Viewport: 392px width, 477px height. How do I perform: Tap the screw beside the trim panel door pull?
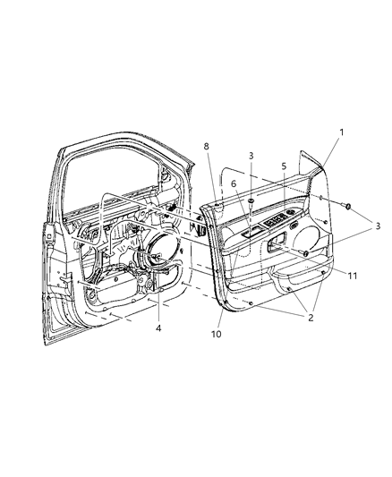306,255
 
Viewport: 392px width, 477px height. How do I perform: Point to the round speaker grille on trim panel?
311,236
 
